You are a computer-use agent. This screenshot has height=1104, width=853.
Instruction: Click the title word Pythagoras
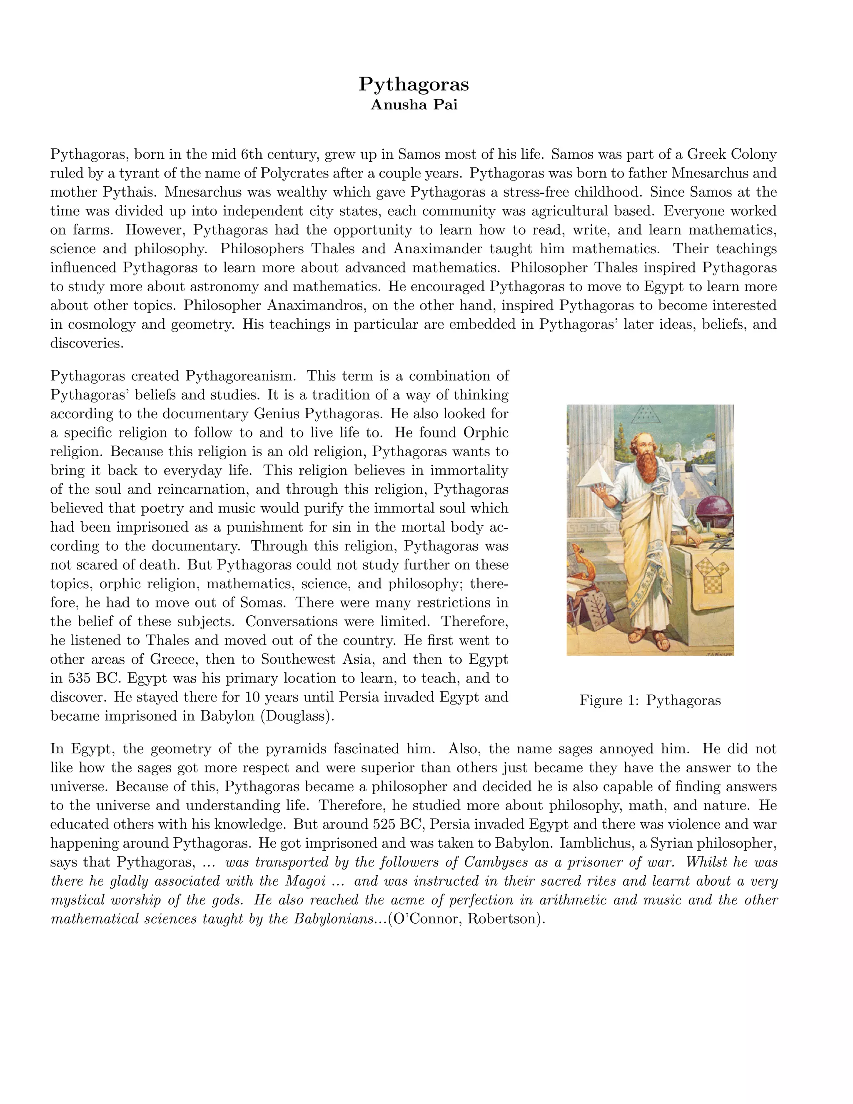[x=414, y=84]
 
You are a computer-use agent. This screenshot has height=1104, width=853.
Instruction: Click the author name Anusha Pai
[x=414, y=105]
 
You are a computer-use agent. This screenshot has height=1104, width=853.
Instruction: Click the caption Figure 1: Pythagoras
[x=650, y=700]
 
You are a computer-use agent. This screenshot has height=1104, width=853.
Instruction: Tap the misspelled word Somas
[x=262, y=602]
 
